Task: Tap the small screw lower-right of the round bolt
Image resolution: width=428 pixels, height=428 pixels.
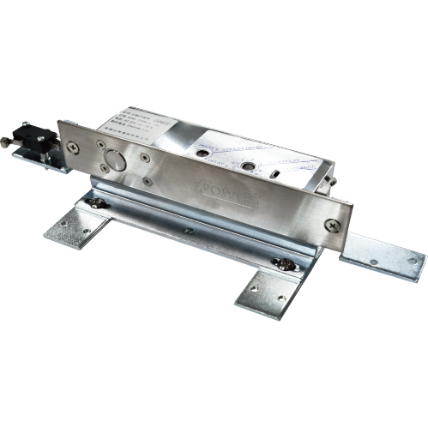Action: click(x=148, y=181)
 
